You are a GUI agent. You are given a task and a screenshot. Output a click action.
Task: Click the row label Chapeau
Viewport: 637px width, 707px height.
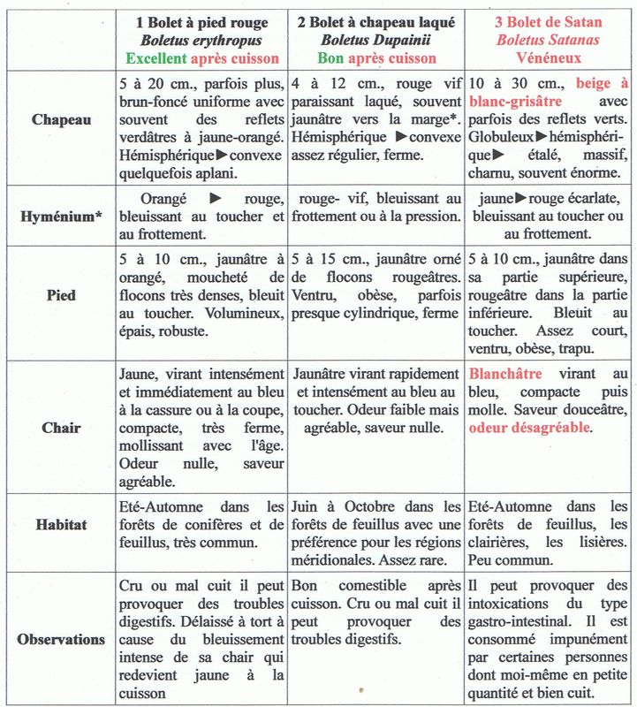(59, 120)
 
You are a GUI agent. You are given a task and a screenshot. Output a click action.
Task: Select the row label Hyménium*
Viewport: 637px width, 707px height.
(59, 216)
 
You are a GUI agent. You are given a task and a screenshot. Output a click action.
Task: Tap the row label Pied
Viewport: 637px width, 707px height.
(59, 296)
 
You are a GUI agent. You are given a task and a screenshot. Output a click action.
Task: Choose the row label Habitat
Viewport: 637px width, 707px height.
(60, 524)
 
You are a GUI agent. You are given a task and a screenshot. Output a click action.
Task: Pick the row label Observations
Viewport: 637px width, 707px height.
(60, 639)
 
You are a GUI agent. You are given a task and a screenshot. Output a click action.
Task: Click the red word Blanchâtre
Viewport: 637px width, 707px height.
(510, 374)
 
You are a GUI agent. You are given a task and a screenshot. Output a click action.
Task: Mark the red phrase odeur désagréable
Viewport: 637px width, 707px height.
(530, 427)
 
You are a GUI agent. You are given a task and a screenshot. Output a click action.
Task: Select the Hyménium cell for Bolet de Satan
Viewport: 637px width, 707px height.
(549, 216)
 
